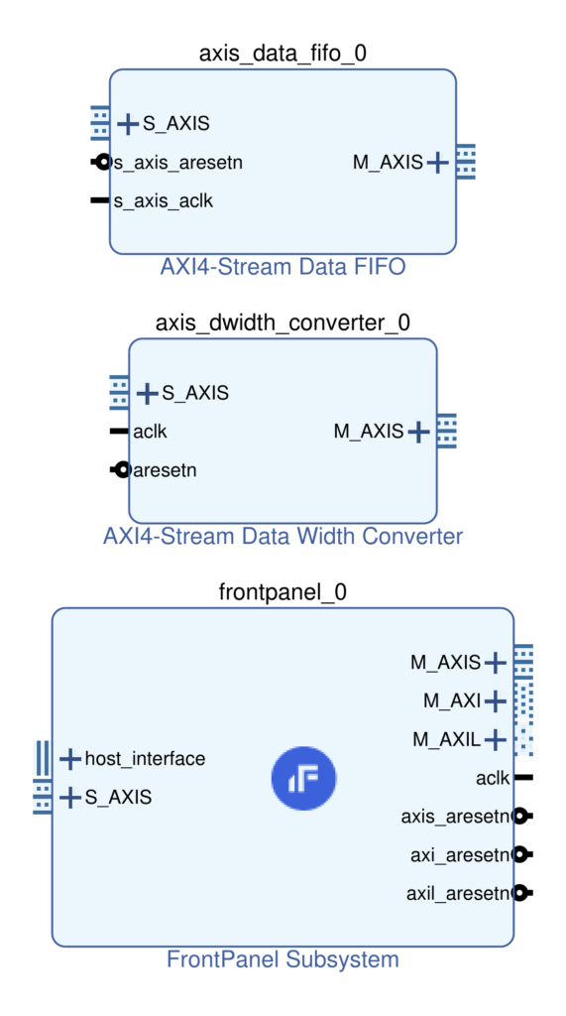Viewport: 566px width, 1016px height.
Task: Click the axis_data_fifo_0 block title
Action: click(x=283, y=54)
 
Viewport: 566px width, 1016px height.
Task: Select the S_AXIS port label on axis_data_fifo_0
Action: click(x=176, y=123)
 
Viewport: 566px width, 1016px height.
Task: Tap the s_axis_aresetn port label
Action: click(x=178, y=163)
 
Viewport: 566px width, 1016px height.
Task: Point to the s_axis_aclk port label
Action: click(x=164, y=201)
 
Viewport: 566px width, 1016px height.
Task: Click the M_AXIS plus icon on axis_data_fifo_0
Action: click(x=438, y=162)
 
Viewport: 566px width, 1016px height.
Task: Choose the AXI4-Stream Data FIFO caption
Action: click(x=283, y=266)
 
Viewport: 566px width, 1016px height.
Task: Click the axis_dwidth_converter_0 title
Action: click(x=283, y=322)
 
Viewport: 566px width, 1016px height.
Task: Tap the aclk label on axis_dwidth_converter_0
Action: click(x=150, y=432)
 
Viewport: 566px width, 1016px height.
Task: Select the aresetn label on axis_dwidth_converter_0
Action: click(x=165, y=470)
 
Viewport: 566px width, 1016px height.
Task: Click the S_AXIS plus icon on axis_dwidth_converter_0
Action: click(x=147, y=393)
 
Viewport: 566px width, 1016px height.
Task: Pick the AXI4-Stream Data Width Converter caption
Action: click(x=283, y=536)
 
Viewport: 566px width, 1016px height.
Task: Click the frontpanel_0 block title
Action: click(x=283, y=592)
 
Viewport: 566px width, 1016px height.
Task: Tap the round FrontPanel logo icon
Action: click(x=303, y=778)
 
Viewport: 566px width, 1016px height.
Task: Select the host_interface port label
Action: click(x=145, y=758)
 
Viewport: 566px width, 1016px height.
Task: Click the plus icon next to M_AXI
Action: click(x=495, y=700)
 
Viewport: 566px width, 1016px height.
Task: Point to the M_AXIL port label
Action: click(x=447, y=739)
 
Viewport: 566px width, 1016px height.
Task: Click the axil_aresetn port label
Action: click(x=459, y=894)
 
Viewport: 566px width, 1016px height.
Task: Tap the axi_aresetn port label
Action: click(x=462, y=855)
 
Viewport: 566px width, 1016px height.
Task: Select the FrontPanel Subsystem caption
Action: click(x=283, y=959)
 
